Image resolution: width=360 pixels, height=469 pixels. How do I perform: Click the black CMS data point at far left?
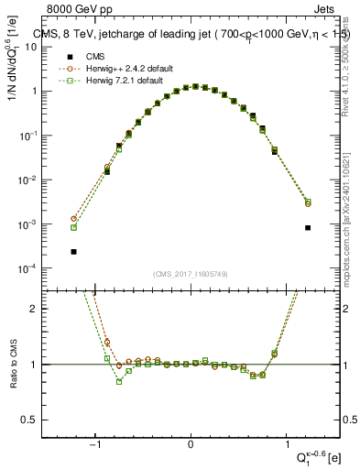pos(73,251)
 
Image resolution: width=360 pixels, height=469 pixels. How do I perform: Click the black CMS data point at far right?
pos(308,228)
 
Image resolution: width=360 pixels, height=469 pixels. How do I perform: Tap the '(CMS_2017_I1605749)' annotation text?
pos(191,274)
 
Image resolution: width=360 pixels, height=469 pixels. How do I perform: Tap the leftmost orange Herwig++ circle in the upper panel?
pos(73,219)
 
